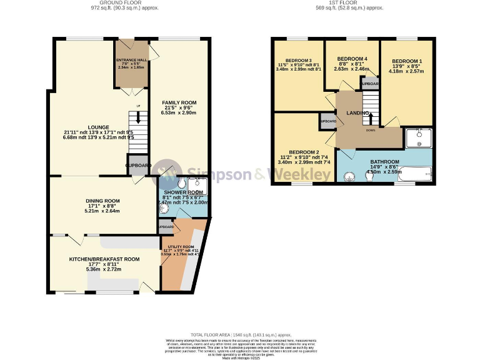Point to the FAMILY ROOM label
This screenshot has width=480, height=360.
[x=179, y=102]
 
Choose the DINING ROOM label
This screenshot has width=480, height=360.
[x=102, y=201]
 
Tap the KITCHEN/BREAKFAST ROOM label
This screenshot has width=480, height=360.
[x=104, y=259]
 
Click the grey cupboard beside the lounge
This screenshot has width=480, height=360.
[x=137, y=164]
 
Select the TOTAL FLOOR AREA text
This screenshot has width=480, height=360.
[x=239, y=336]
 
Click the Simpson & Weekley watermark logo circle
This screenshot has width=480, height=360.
[x=167, y=174]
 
